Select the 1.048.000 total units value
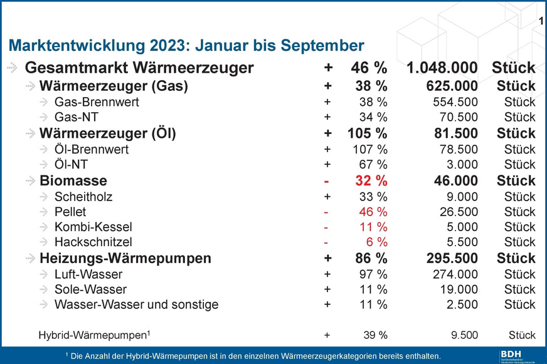443,68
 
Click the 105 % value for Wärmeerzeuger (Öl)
363,133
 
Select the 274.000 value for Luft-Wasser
452,274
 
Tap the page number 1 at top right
541,23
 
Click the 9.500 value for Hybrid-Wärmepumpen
460,335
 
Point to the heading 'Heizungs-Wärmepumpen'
125,258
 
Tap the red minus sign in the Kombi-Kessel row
327,227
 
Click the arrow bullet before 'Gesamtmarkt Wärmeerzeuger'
13,68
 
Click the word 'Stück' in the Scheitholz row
519,197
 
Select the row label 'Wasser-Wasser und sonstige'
136,304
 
